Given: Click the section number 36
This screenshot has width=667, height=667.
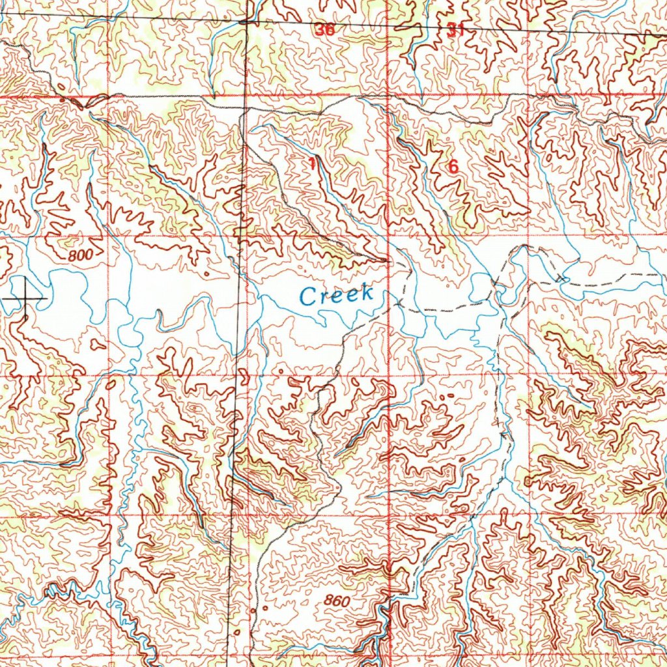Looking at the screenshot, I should pyautogui.click(x=324, y=30).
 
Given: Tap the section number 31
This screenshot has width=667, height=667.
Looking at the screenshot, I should pyautogui.click(x=456, y=29).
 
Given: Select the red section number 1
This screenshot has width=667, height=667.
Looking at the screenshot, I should pyautogui.click(x=313, y=163).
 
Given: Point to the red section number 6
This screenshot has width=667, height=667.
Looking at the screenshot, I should pyautogui.click(x=453, y=167).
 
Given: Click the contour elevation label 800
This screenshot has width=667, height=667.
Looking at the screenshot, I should pyautogui.click(x=80, y=255).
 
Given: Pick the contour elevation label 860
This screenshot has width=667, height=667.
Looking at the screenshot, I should pyautogui.click(x=336, y=601).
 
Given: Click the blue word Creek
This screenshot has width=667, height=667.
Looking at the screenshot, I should pyautogui.click(x=337, y=294).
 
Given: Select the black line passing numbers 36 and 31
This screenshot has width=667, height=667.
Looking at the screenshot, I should pyautogui.click(x=391, y=25).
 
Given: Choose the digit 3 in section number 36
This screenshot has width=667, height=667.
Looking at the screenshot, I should pyautogui.click(x=320, y=30).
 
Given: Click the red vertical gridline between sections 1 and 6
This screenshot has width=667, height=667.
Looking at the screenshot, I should pyautogui.click(x=389, y=163).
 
